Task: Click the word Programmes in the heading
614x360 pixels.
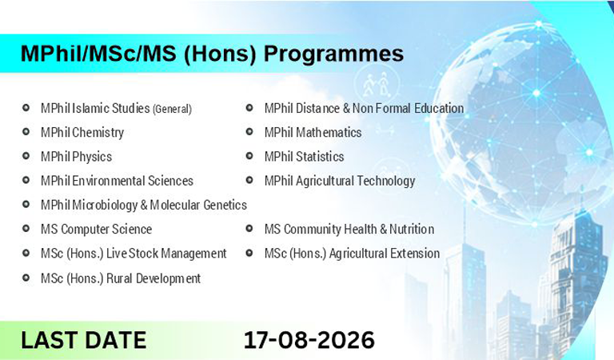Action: tap(333, 54)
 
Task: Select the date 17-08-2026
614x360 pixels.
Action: tap(309, 340)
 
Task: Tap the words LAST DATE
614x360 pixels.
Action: tap(83, 340)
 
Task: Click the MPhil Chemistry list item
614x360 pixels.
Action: tap(82, 133)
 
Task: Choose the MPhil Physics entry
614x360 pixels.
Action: tap(77, 157)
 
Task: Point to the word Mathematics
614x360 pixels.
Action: tap(329, 133)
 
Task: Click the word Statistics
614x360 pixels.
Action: tap(320, 157)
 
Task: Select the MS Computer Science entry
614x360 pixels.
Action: tap(96, 229)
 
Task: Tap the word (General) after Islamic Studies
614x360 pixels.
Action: tap(172, 109)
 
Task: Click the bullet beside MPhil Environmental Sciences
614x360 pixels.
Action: tap(26, 180)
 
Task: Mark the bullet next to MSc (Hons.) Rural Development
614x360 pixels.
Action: tap(26, 278)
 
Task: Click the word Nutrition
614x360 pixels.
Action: tap(412, 229)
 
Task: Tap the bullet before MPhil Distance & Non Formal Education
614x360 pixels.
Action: tap(249, 107)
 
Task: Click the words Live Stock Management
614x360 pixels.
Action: tap(166, 254)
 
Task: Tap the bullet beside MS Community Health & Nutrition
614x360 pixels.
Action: tap(249, 228)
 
